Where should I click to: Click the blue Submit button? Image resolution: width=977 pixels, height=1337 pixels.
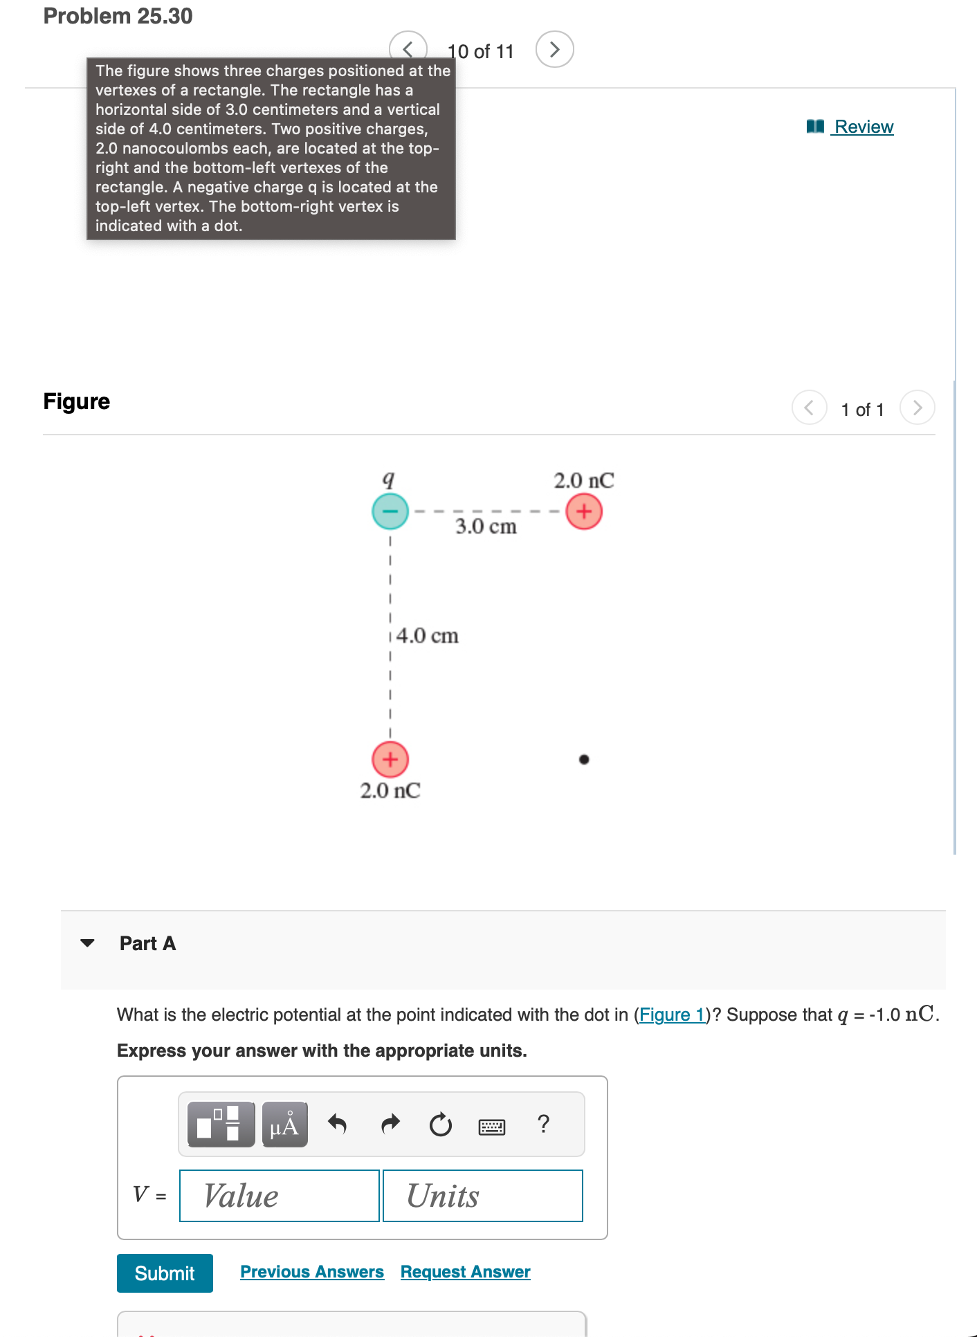click(x=165, y=1273)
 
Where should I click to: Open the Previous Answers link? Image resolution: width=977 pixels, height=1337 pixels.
click(x=312, y=1272)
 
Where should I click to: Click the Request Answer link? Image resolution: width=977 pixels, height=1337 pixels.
click(x=465, y=1272)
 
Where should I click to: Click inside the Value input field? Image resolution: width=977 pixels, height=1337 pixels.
click(x=280, y=1196)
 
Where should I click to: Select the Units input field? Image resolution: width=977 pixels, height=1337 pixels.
click(x=482, y=1196)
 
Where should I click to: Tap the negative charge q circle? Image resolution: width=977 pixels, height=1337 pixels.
click(x=390, y=511)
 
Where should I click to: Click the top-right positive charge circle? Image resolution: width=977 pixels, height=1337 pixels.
click(x=584, y=511)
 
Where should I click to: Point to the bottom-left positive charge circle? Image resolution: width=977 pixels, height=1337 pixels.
click(x=390, y=759)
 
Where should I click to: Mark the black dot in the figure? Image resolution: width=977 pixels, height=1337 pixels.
click(x=584, y=759)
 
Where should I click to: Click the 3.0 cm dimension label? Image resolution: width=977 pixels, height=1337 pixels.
click(x=486, y=527)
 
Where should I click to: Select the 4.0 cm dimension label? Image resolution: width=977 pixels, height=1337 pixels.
click(x=427, y=636)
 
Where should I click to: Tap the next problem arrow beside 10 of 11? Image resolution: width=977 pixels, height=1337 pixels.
click(x=554, y=50)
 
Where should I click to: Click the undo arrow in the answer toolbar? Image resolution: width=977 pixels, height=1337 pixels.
click(x=337, y=1124)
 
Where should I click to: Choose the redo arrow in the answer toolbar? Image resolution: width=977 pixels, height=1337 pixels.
click(x=391, y=1124)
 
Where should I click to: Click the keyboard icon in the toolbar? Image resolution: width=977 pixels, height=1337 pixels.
click(x=492, y=1127)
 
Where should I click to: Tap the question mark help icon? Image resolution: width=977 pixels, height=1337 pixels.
click(x=544, y=1123)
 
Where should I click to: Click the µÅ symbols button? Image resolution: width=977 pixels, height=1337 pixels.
click(x=284, y=1125)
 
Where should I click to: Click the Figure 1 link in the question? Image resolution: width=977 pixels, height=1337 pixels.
click(x=672, y=1015)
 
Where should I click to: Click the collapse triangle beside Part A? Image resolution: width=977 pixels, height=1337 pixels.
click(x=87, y=943)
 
